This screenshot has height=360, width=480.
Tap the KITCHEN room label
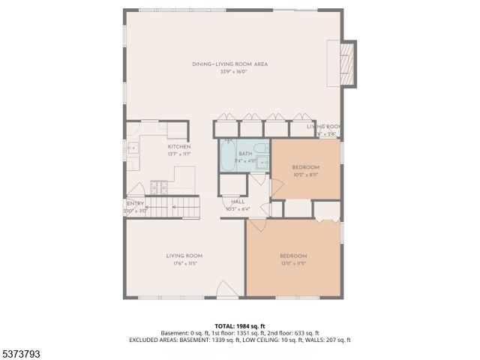click(178, 146)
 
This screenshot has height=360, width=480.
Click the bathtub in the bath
click(229, 154)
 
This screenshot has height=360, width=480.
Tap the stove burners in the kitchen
click(158, 187)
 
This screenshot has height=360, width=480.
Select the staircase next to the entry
click(175, 205)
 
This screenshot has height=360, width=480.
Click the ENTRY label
click(135, 203)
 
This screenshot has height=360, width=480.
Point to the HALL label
click(238, 202)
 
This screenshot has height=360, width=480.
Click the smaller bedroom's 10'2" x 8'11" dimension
click(305, 173)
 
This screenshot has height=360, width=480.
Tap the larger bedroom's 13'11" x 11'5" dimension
click(293, 262)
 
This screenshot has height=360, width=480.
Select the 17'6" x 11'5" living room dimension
click(184, 262)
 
